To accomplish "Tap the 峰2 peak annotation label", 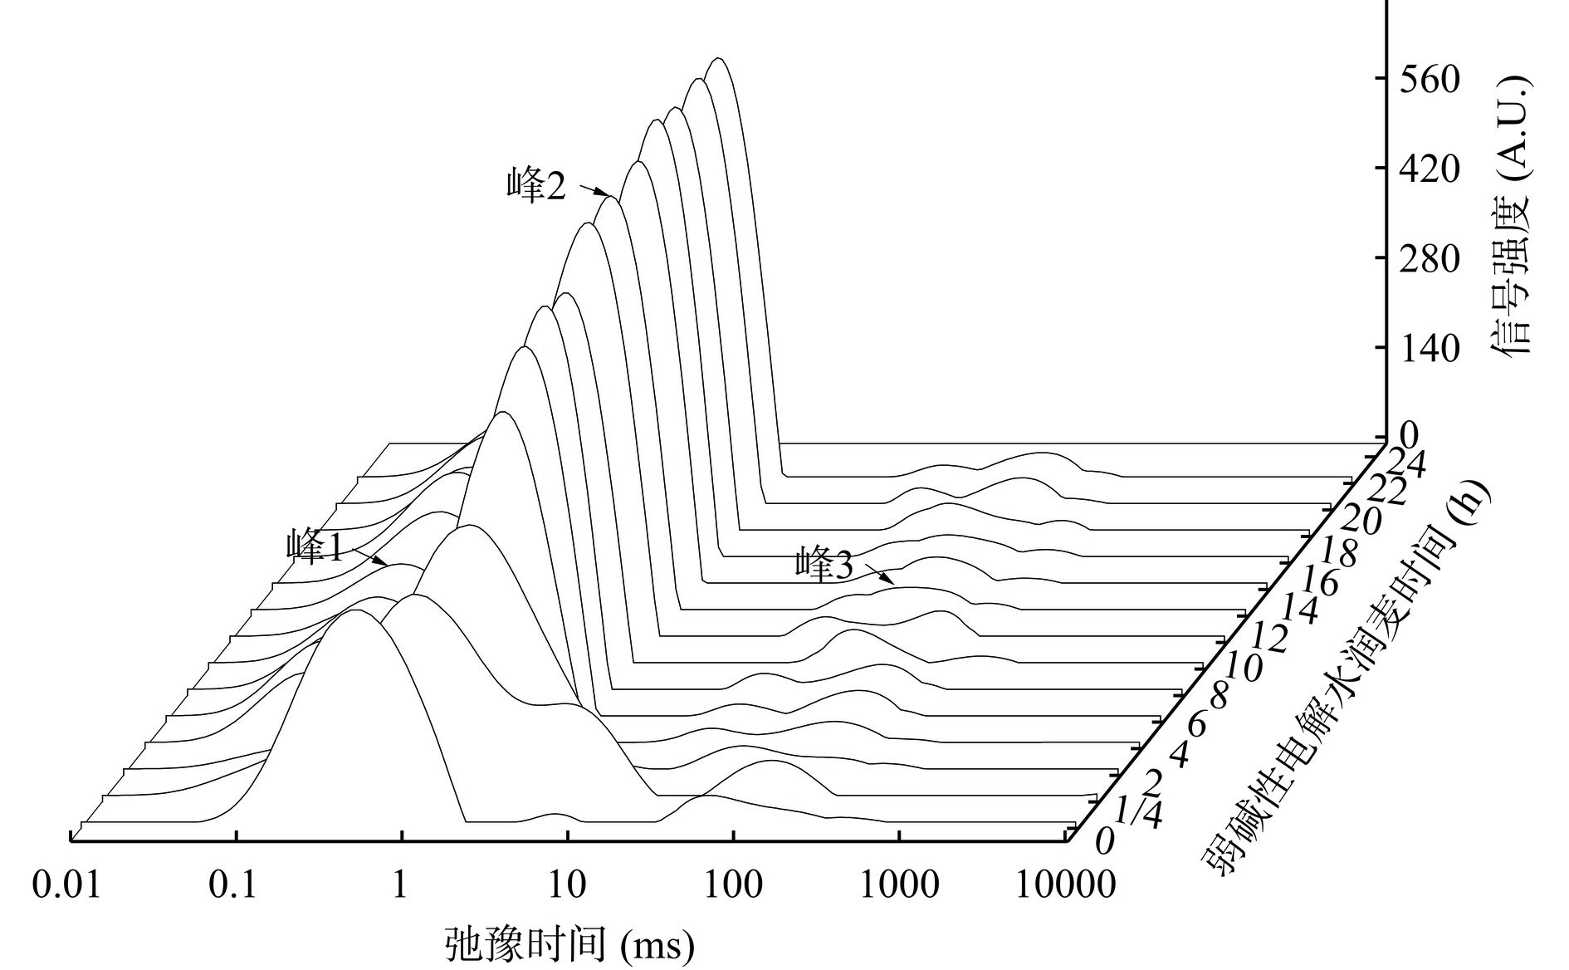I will pos(536,184).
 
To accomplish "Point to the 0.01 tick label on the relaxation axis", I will pos(66,885).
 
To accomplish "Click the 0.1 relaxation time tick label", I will pos(233,885).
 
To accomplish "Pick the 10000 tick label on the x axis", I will pos(1066,885).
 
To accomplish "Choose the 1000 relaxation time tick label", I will pos(900,885).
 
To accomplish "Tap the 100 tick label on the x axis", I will pos(732,885).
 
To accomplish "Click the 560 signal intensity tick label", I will pos(1429,80).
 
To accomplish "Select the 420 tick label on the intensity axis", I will pos(1429,169).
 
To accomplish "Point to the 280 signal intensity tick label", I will pos(1429,259).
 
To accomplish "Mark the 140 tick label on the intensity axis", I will pos(1429,349).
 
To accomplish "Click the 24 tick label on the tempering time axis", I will pos(1406,463).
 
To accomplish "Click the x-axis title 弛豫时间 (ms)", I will pos(569,944).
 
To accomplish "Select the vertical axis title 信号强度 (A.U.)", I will pos(1508,216).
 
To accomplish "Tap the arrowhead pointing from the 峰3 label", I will pos(892,582).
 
